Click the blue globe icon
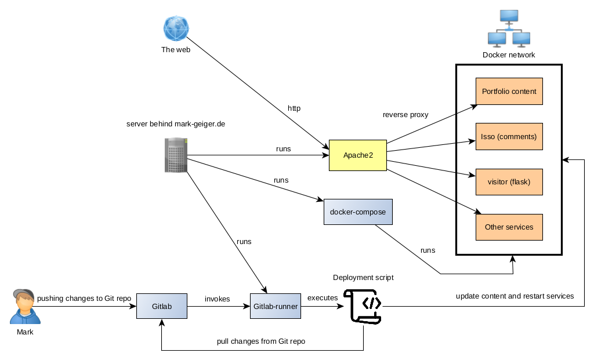(176, 28)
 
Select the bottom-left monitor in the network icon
(497, 39)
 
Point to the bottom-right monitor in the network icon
(521, 39)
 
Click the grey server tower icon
(176, 155)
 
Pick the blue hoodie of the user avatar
(25, 317)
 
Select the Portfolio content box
(509, 92)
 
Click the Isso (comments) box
(509, 137)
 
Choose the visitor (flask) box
(509, 182)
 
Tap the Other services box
(509, 227)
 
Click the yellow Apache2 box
(358, 155)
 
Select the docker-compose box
(358, 212)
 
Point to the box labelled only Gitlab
(162, 306)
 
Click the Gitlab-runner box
(276, 306)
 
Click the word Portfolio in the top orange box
(495, 92)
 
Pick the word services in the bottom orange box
(520, 227)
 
